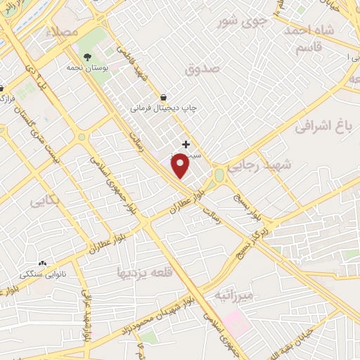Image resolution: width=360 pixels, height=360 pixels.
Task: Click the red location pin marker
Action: pos(181,165)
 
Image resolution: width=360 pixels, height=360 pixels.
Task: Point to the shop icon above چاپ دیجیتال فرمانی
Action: pos(164,98)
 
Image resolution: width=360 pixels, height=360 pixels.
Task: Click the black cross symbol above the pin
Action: pos(186,144)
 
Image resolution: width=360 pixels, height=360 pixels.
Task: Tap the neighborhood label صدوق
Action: pos(203,69)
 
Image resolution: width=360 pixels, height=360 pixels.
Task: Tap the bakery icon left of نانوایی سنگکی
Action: pos(42,263)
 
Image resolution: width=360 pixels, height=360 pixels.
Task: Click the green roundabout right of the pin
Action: pos(219,174)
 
